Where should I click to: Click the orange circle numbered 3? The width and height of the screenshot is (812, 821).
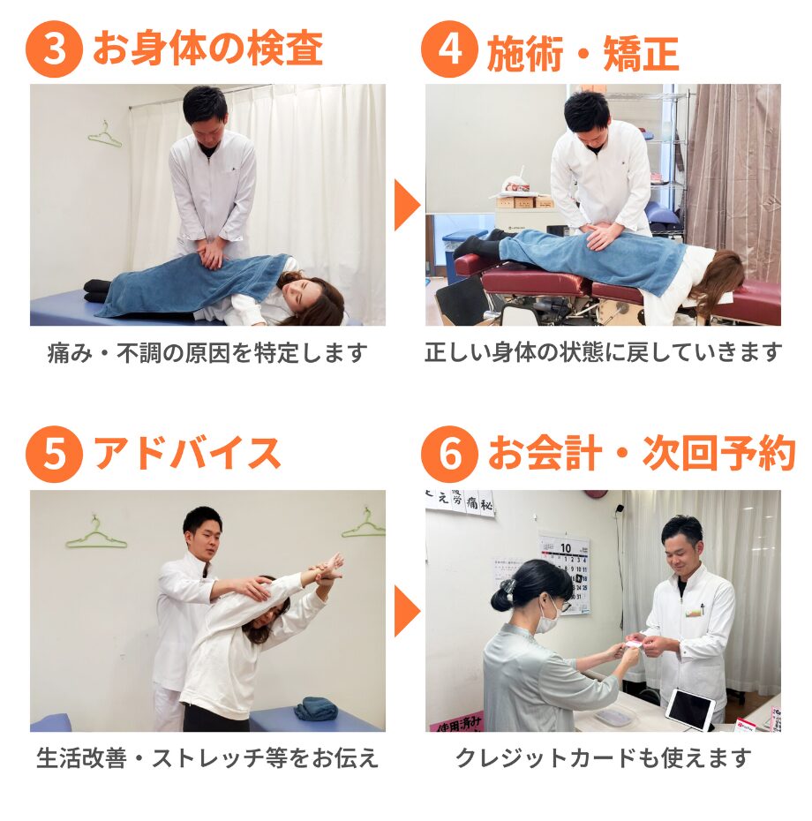54,49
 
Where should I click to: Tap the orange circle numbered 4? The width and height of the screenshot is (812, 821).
449,49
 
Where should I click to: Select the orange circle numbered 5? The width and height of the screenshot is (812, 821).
54,454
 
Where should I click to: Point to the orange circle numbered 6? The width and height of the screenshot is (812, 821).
449,454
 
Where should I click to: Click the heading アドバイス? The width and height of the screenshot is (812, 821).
187,454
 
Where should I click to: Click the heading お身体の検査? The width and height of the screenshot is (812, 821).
207,49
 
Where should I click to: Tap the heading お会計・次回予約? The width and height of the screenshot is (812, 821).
642,454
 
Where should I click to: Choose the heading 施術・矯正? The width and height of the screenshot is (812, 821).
583,53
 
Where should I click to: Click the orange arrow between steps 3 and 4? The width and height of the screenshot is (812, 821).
407,205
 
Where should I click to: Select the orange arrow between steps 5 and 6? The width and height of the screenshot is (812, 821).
407,611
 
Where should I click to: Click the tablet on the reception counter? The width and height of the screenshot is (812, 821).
690,710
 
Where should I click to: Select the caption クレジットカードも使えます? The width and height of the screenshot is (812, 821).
604,757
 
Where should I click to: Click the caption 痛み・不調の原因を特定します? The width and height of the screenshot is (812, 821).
207,353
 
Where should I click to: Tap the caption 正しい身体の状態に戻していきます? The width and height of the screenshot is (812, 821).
603,352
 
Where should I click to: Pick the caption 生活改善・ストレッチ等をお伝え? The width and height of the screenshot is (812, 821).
207,757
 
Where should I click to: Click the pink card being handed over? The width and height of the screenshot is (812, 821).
635,643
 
